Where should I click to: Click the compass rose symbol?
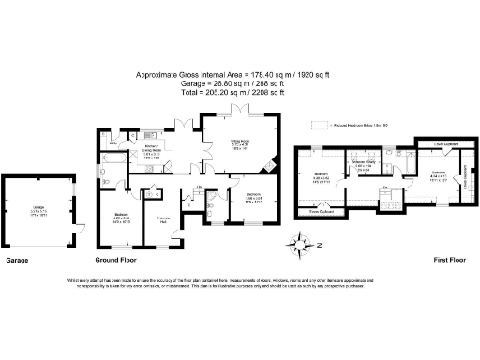click(303, 247)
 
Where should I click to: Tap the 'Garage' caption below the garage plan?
click(21, 260)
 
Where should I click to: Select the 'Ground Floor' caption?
click(118, 260)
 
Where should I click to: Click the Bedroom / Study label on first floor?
click(362, 165)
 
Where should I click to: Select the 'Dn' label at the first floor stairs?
click(384, 188)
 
